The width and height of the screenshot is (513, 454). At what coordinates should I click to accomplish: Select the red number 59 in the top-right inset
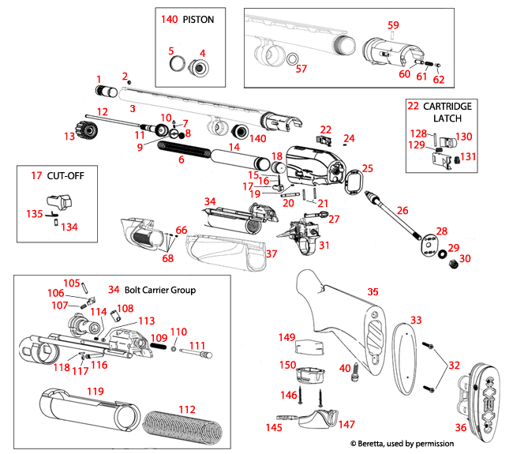pyautogui.click(x=393, y=25)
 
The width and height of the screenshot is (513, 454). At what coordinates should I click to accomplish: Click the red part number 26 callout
pyautogui.click(x=403, y=211)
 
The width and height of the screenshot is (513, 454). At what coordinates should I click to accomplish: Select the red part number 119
pyautogui.click(x=95, y=391)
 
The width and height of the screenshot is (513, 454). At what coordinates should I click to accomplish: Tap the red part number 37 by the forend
pyautogui.click(x=271, y=253)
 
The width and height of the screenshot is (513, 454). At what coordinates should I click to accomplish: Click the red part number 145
pyautogui.click(x=273, y=427)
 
